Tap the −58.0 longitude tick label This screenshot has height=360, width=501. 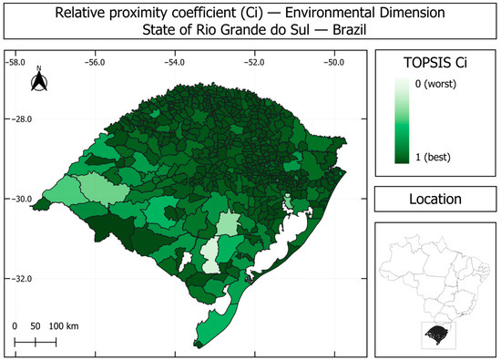coord(15,62)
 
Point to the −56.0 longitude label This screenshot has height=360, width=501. coord(95,62)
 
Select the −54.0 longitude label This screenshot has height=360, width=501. coord(175,62)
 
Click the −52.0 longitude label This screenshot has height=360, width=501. coord(254,62)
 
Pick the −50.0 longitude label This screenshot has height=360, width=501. coord(334,62)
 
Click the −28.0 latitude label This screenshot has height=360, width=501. coord(23,119)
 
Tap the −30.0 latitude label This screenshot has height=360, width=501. coord(23,199)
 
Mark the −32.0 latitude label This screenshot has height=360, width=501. coord(23,279)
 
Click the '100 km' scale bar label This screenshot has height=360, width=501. coord(64,326)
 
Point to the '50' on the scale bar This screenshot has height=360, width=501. coord(36,326)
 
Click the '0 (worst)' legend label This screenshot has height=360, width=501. coord(435,84)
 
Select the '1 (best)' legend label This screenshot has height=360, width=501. coord(433,158)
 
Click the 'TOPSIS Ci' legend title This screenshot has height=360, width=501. coord(435,62)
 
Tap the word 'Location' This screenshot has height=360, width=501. coord(435,199)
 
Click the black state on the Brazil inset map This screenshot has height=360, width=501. coord(437,334)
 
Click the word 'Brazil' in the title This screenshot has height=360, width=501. coord(350,30)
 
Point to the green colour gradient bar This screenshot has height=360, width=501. coord(402,121)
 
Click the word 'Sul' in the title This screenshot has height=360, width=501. coord(301,30)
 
